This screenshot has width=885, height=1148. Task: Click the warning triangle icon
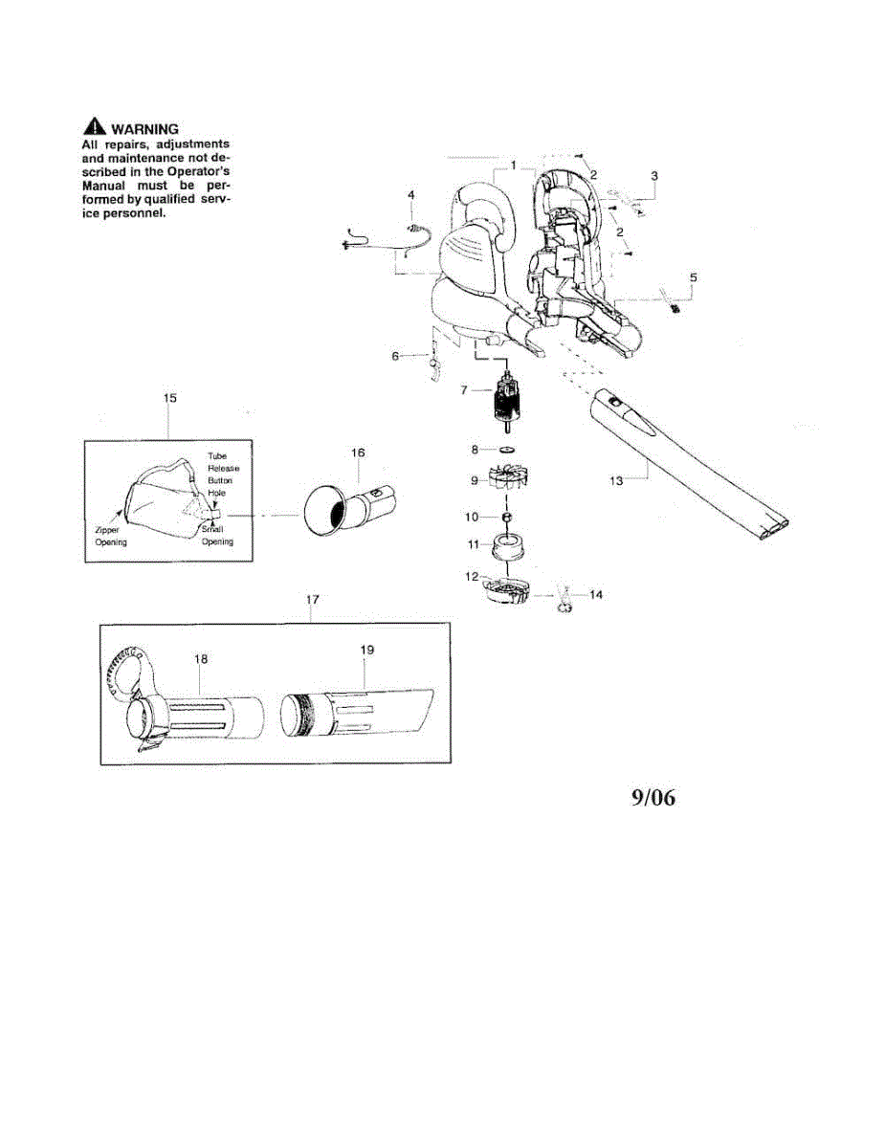(x=94, y=129)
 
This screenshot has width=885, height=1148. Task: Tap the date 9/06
(x=652, y=798)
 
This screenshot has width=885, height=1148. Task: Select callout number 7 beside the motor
(x=464, y=390)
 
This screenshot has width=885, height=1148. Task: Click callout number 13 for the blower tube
(x=616, y=480)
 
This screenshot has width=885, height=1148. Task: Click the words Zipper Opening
(x=111, y=536)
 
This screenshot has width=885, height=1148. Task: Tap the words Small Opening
(x=216, y=536)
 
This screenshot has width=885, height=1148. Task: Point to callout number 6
(x=394, y=356)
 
